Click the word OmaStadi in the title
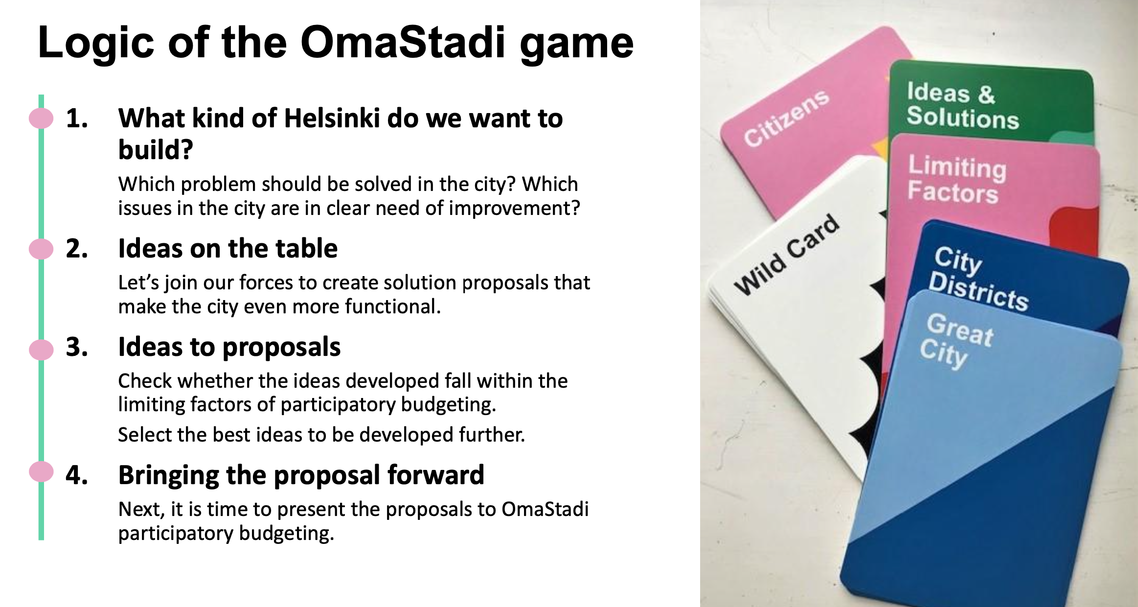pyautogui.click(x=403, y=43)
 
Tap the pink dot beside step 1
pyautogui.click(x=41, y=118)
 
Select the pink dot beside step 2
pyautogui.click(x=41, y=249)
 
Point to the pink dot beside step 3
pyautogui.click(x=41, y=350)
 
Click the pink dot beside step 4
pyautogui.click(x=41, y=472)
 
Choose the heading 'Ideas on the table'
pyautogui.click(x=228, y=248)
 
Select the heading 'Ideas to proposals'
pyautogui.click(x=229, y=348)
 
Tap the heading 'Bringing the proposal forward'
pyautogui.click(x=301, y=475)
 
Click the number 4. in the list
pyautogui.click(x=77, y=475)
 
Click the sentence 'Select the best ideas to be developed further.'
pyautogui.click(x=321, y=435)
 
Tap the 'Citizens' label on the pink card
pyautogui.click(x=787, y=118)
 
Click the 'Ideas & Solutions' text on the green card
pyautogui.click(x=962, y=106)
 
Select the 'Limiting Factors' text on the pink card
pyautogui.click(x=956, y=179)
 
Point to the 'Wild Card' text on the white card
pyautogui.click(x=787, y=255)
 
